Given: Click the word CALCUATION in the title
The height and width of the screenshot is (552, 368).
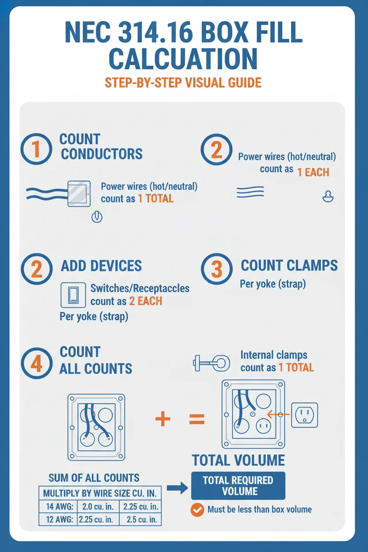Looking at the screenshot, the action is (x=183, y=59).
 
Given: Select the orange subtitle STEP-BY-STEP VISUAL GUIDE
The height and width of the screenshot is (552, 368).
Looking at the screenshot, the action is (x=183, y=83).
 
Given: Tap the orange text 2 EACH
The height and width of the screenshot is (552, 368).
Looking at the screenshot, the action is (x=146, y=301).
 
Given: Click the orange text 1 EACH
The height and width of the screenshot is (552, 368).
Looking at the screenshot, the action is (x=313, y=172).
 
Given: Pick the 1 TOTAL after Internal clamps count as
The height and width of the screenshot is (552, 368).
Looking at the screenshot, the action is (x=296, y=368).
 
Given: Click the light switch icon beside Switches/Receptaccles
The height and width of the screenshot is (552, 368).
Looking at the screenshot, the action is (x=73, y=295).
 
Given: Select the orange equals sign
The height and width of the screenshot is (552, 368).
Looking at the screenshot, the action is (x=197, y=419).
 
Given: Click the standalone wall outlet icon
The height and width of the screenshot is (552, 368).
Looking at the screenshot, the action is (x=304, y=415).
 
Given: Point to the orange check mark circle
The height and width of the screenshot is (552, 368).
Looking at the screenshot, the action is (x=197, y=510).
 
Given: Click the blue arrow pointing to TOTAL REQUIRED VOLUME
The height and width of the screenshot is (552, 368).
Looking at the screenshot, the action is (x=177, y=488).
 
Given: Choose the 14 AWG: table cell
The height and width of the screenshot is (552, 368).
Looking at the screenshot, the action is (x=58, y=506).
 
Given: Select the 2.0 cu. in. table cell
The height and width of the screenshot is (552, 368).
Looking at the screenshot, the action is (x=98, y=506).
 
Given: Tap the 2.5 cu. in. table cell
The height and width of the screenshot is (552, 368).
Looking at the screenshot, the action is (x=140, y=519).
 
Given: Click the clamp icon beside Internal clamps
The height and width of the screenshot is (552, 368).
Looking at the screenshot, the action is (x=212, y=363).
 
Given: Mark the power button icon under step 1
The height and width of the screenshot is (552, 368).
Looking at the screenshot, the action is (x=97, y=217).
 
